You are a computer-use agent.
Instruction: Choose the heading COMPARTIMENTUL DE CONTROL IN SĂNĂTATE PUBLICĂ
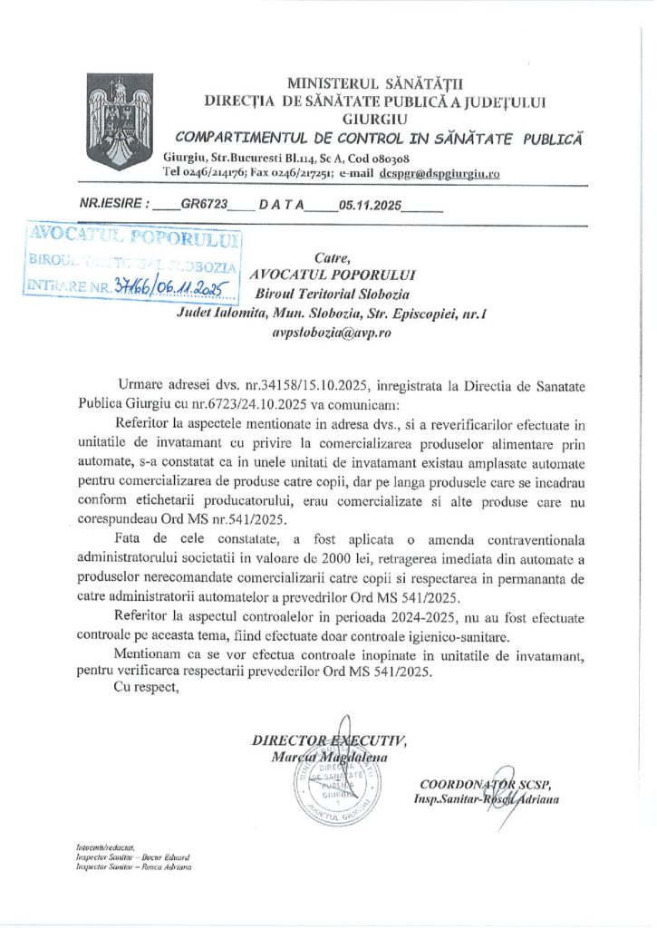click(x=379, y=138)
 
